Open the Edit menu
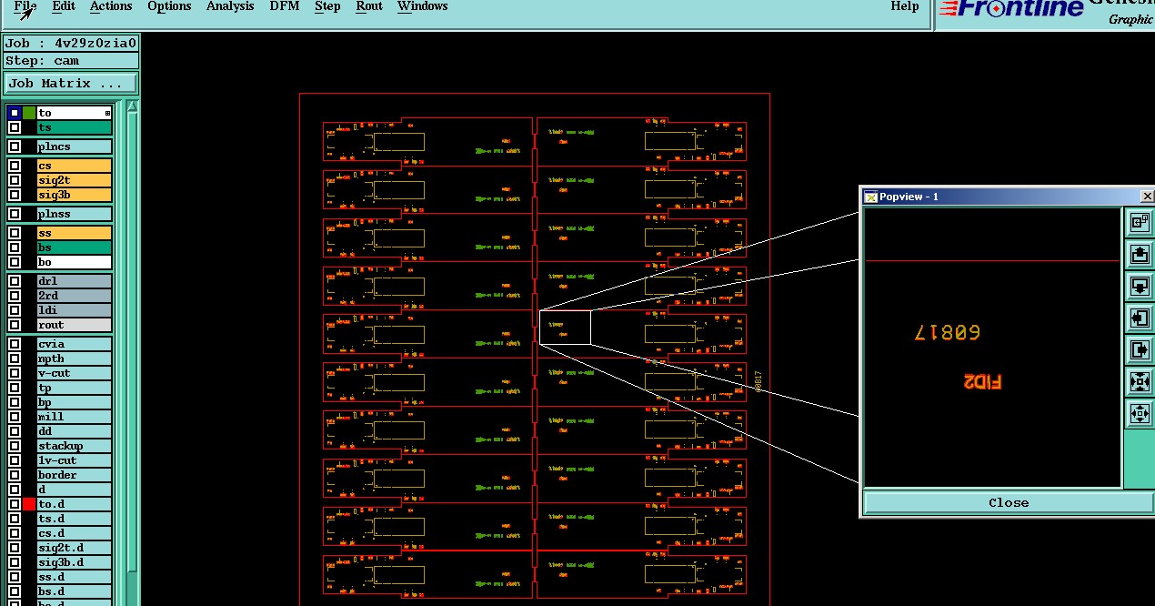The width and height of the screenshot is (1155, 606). [x=63, y=6]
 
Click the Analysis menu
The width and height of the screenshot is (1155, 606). [x=230, y=6]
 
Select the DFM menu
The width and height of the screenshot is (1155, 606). [x=285, y=6]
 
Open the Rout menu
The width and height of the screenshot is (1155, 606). [x=369, y=6]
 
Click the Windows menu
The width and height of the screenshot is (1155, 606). [x=422, y=6]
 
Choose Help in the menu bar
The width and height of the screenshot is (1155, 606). [x=904, y=6]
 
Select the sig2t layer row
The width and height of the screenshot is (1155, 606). [x=74, y=180]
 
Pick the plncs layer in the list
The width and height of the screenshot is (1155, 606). [x=74, y=146]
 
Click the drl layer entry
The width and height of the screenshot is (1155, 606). [x=74, y=281]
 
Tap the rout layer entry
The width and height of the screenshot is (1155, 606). [x=74, y=325]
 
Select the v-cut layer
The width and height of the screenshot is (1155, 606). [x=74, y=373]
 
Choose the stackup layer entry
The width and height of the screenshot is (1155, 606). [x=74, y=446]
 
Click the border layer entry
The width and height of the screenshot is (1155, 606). [x=74, y=475]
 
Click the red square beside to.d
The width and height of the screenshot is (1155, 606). [x=29, y=504]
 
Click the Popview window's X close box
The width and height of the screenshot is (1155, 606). [x=1146, y=197]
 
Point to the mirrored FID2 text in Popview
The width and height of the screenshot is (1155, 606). [x=982, y=382]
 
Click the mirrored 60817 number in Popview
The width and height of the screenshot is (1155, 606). [x=947, y=333]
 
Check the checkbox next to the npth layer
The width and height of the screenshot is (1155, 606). [x=15, y=359]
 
